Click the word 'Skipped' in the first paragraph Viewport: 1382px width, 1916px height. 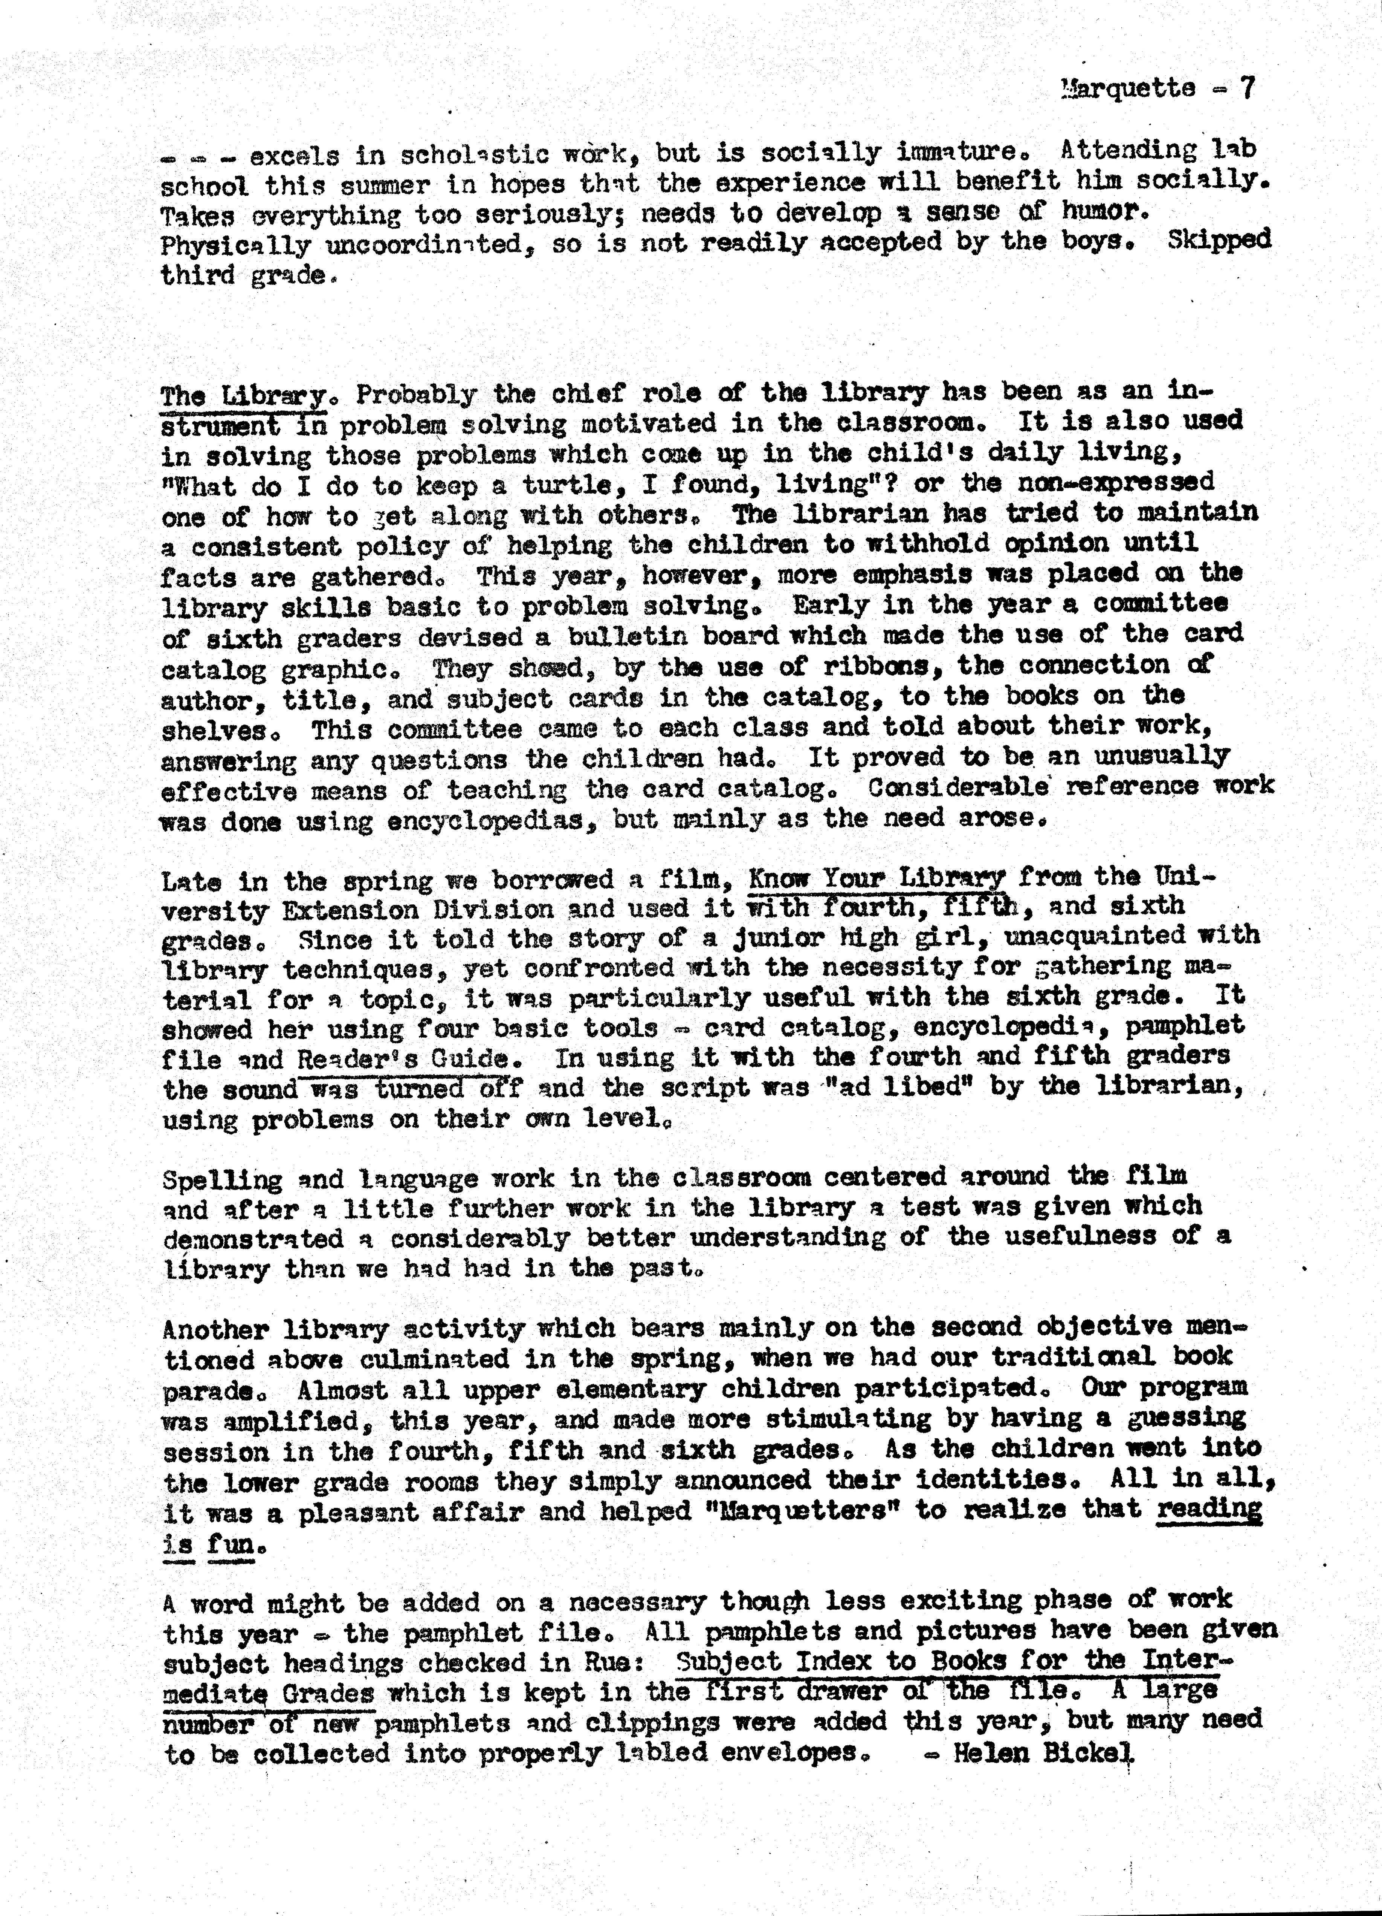pos(1219,240)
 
